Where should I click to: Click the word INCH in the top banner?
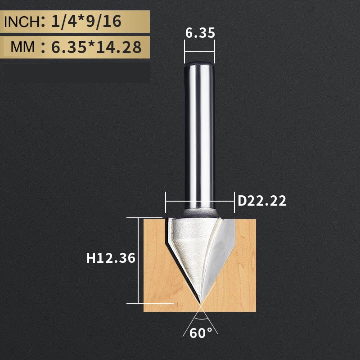tap(21, 22)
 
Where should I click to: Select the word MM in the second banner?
tap(22, 46)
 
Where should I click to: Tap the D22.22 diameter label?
tap(262, 201)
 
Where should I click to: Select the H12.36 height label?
tap(111, 258)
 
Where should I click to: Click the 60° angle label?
tap(201, 333)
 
